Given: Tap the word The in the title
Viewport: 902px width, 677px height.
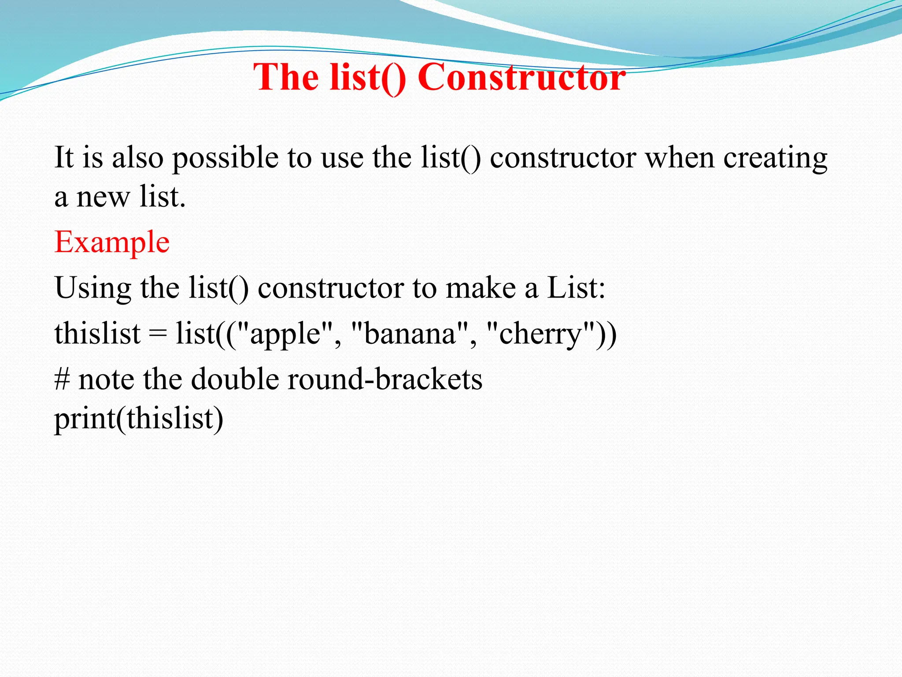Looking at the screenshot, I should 286,78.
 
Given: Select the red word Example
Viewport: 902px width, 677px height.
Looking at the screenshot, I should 112,242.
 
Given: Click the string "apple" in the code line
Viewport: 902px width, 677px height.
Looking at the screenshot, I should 285,334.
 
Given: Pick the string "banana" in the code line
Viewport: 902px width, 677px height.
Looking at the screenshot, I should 410,334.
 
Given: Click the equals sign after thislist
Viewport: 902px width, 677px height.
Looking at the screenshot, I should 157,334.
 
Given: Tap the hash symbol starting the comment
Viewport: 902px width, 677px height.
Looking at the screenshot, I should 62,379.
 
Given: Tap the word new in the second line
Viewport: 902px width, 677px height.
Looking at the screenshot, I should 103,197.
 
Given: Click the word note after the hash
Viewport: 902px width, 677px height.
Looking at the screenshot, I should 106,379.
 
